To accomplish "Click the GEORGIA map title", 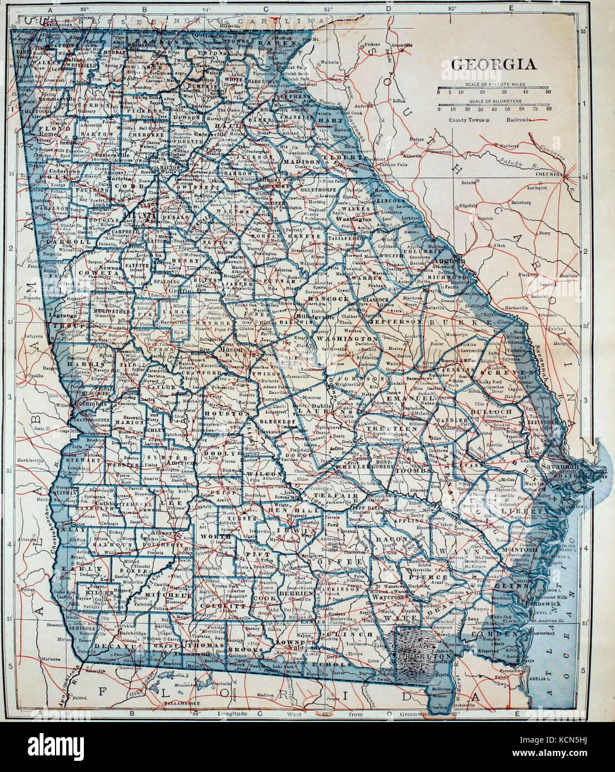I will pos(494,64).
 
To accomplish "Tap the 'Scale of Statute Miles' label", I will pos(492,83).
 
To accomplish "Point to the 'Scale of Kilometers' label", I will pos(492,102).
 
